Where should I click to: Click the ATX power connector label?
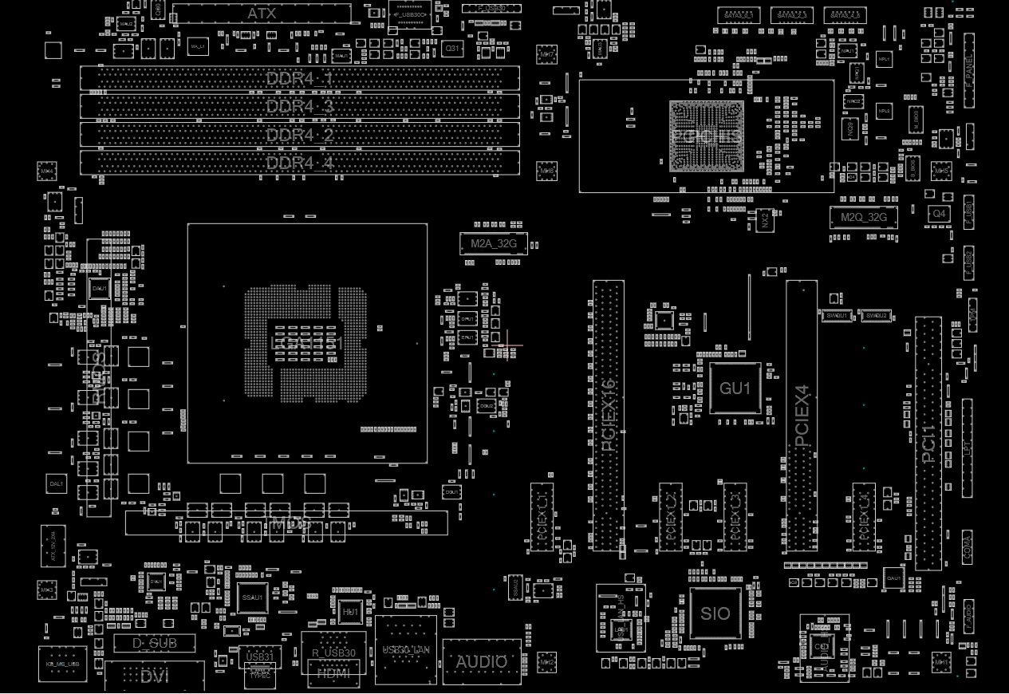262,14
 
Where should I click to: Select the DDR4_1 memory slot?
300,79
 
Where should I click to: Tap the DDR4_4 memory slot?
300,164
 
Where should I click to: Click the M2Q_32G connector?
863,216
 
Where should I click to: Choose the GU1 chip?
735,388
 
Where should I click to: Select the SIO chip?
715,614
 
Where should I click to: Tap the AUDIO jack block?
481,661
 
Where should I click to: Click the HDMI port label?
333,673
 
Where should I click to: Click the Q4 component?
939,214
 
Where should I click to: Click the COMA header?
967,546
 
